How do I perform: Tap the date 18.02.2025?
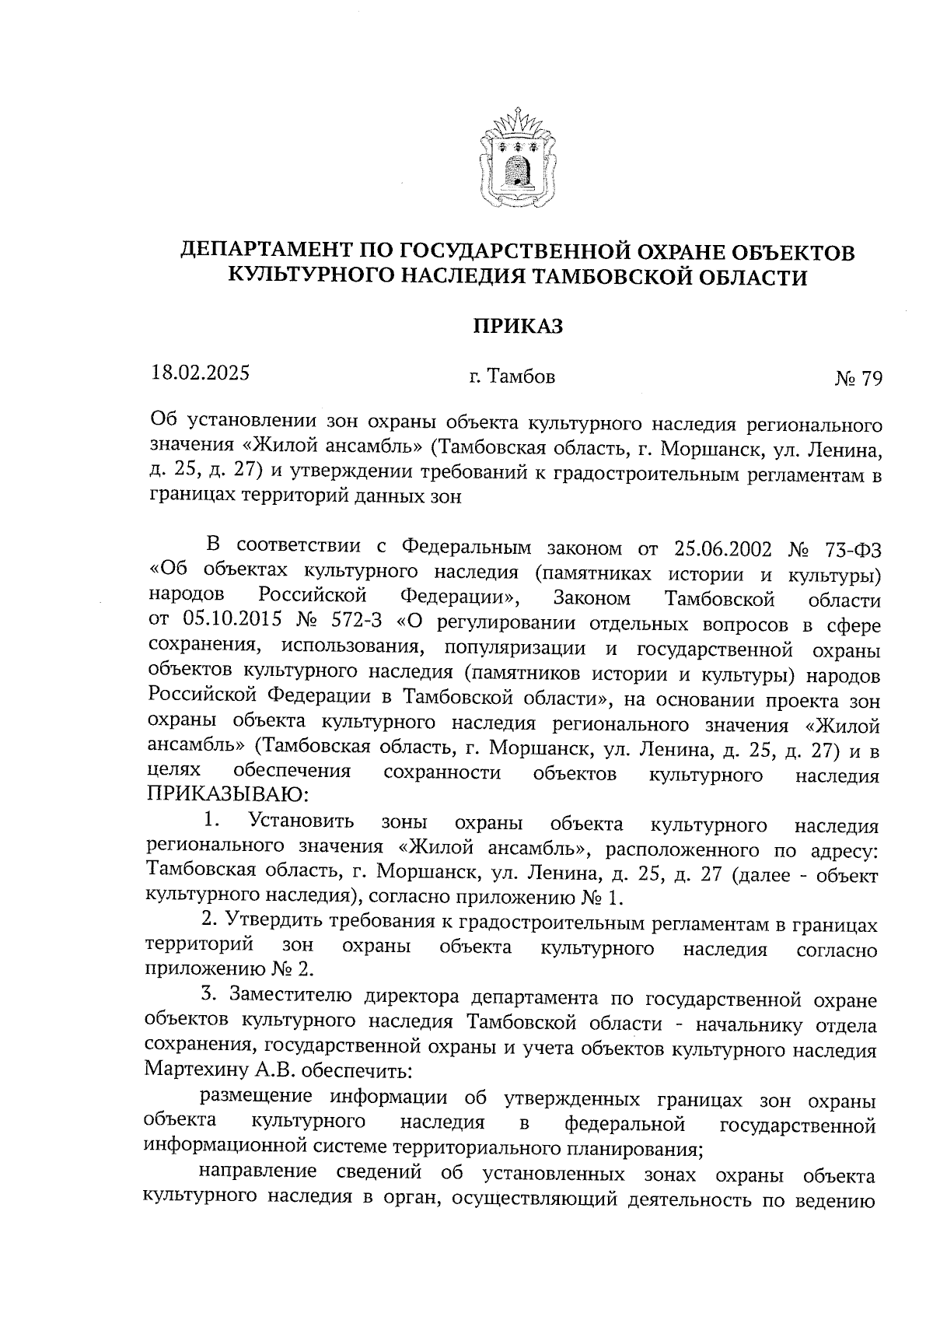[x=201, y=373]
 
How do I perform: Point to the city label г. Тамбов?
[x=512, y=377]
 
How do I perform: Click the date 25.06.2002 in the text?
[x=720, y=549]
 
